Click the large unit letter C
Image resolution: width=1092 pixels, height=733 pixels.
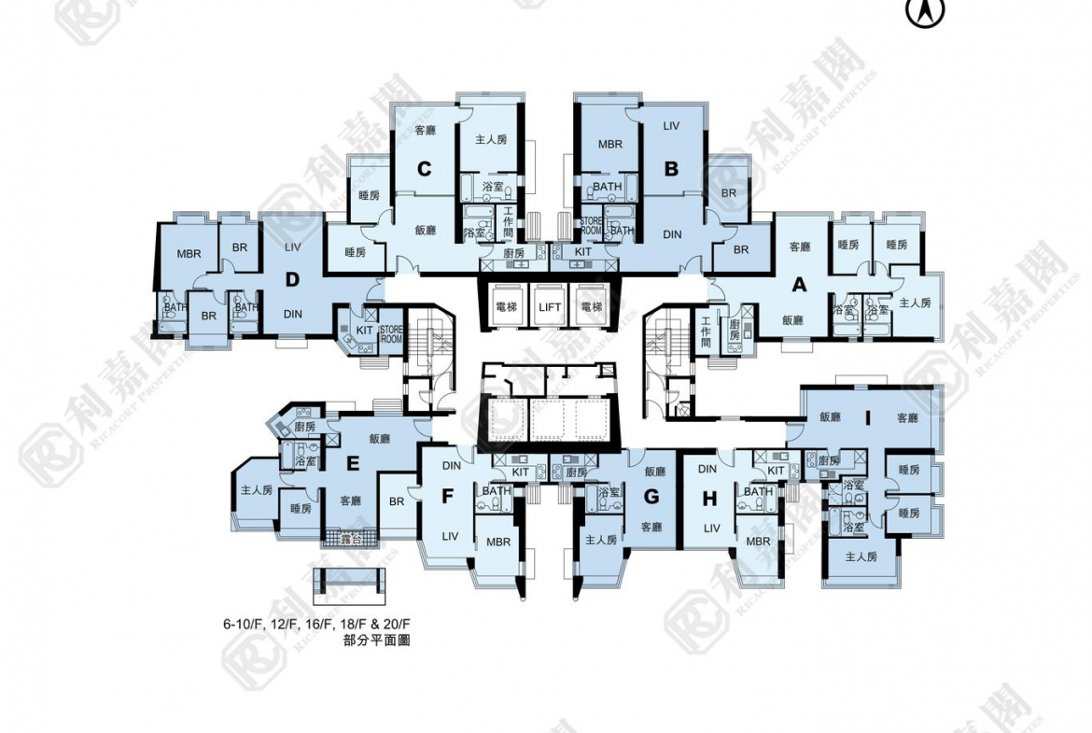pos(424,169)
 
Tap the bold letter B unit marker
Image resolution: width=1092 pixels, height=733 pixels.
pos(671,169)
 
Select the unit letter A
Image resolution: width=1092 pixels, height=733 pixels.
pos(799,283)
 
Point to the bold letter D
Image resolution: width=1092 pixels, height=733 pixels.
pos(292,279)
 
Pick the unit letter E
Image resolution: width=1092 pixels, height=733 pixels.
pos(352,464)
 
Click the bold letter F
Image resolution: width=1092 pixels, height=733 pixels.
pos(447,497)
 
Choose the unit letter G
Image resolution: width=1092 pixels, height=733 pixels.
pos(651,497)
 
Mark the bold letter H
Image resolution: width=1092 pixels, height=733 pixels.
pos(709,499)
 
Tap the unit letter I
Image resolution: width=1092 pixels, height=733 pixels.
pos(868,419)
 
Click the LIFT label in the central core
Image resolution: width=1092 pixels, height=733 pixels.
pos(549,306)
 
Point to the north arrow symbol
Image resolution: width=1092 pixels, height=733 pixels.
pos(925,11)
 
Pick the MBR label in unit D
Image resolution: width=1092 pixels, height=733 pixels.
pos(189,253)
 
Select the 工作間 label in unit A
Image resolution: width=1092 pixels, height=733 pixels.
pos(707,331)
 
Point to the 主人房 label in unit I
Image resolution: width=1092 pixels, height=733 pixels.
pos(861,557)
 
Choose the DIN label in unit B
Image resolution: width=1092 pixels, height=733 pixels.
pos(672,234)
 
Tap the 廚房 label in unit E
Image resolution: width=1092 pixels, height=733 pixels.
pos(305,427)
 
